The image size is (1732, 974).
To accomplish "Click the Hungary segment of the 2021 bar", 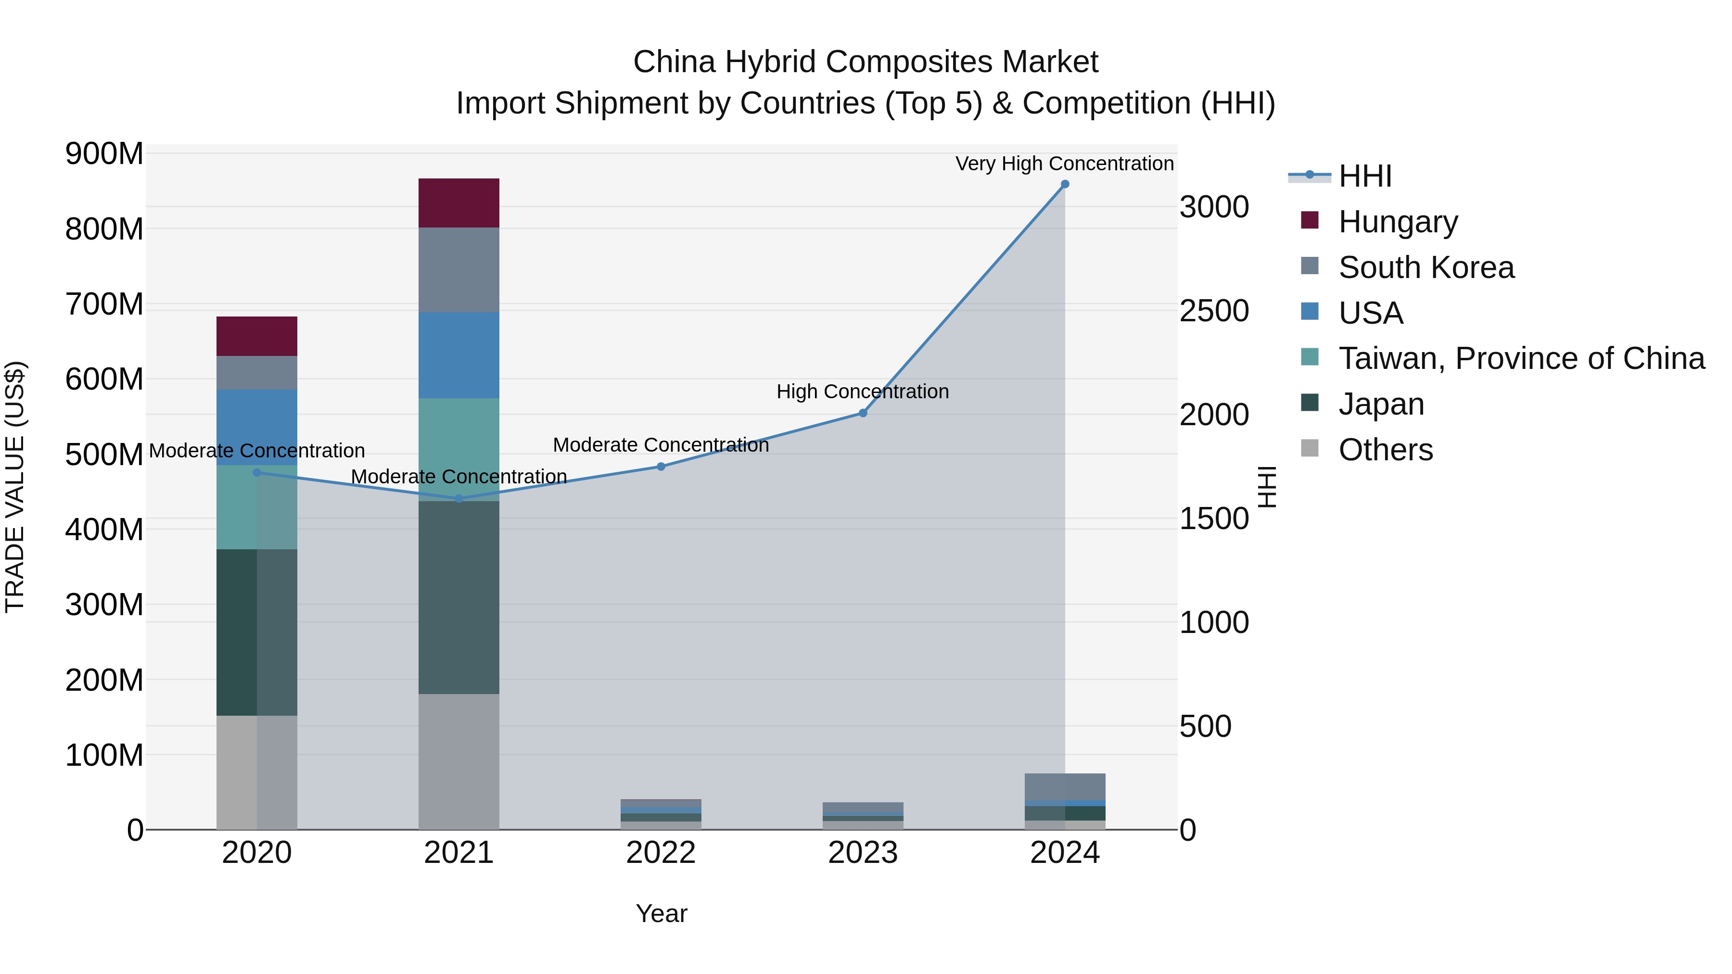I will [458, 202].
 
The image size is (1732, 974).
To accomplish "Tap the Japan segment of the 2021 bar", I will [458, 597].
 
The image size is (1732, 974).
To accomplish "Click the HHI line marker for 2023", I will [863, 413].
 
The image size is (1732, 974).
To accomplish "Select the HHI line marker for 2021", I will [458, 498].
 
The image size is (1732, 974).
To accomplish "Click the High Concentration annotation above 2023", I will [863, 391].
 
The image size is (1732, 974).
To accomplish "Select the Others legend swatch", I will [1310, 448].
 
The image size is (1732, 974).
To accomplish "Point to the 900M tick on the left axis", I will [104, 154].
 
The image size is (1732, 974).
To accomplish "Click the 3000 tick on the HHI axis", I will [1214, 207].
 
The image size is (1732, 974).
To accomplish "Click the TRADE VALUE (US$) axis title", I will [15, 487].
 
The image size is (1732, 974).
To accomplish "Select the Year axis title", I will [661, 913].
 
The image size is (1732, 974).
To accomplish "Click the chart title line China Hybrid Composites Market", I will [866, 62].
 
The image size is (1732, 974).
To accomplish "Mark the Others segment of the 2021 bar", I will [458, 761].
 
